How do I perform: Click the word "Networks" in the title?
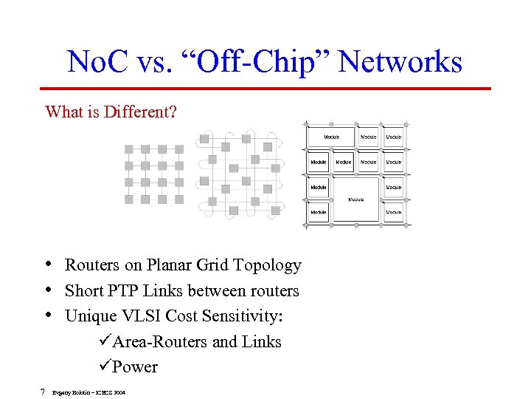401,61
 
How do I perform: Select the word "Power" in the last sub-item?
135,366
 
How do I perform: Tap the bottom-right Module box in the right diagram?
394,212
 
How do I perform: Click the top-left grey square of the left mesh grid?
129,149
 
